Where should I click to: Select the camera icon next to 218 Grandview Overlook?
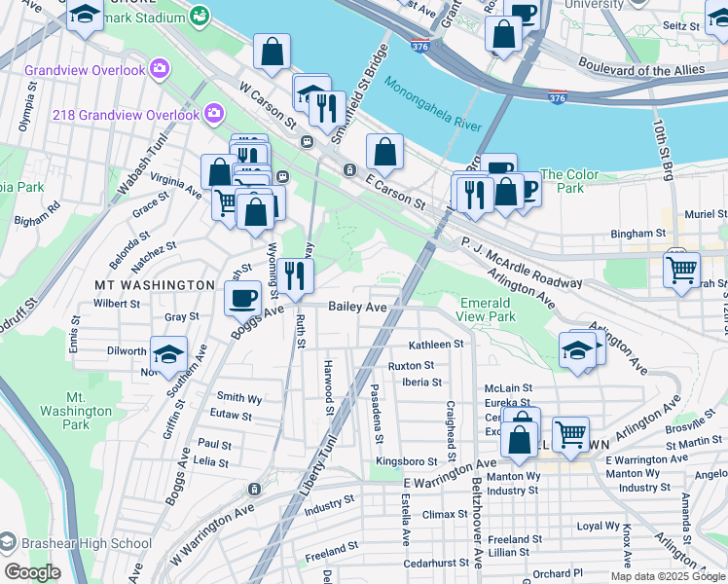(x=213, y=114)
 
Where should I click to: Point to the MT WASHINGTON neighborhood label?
(x=154, y=284)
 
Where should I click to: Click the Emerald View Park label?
(x=487, y=310)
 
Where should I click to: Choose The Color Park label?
(x=569, y=182)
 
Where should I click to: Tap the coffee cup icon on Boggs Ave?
(x=242, y=297)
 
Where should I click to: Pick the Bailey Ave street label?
(x=358, y=306)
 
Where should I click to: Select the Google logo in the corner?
(x=31, y=572)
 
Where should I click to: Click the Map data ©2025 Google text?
(x=667, y=576)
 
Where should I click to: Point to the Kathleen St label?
(x=435, y=345)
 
